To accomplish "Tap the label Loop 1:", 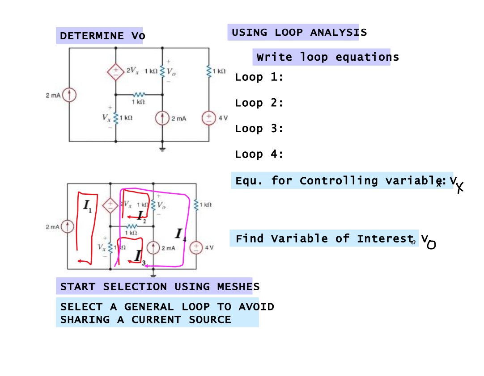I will (259, 77).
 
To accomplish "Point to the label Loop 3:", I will (259, 129).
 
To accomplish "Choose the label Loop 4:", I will (259, 155).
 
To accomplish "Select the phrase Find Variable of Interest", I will (324, 238).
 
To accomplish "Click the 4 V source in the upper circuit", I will (209, 118).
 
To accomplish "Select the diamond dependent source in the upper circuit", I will (116, 71).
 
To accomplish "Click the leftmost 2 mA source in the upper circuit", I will (69, 95).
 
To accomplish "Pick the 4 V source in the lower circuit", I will (195, 247).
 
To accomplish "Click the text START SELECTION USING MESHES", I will (159, 286).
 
